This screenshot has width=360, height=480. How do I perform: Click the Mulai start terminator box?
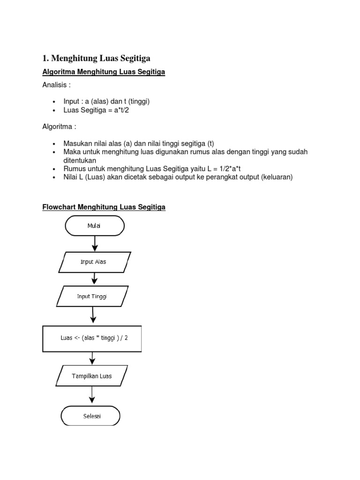click(94, 226)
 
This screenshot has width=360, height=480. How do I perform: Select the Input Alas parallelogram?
click(94, 262)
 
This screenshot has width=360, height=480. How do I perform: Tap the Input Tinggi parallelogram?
click(92, 296)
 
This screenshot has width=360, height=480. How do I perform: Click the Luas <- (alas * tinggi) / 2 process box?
click(92, 338)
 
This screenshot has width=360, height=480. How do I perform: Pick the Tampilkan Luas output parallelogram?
click(91, 376)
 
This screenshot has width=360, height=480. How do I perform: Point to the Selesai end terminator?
click(90, 416)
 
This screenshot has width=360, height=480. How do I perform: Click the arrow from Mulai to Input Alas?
click(95, 243)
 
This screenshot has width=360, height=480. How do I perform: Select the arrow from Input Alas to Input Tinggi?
click(94, 278)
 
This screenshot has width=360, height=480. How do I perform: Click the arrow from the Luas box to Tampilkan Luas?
click(92, 358)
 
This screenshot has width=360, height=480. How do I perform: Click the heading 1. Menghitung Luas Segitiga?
click(97, 58)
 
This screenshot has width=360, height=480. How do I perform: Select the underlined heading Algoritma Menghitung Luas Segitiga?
click(104, 72)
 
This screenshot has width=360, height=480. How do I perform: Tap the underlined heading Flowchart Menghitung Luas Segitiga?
click(104, 207)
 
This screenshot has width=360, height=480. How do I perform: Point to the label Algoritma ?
click(59, 127)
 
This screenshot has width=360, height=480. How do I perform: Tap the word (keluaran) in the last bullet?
click(277, 177)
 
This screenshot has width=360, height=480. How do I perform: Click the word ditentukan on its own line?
click(80, 160)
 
